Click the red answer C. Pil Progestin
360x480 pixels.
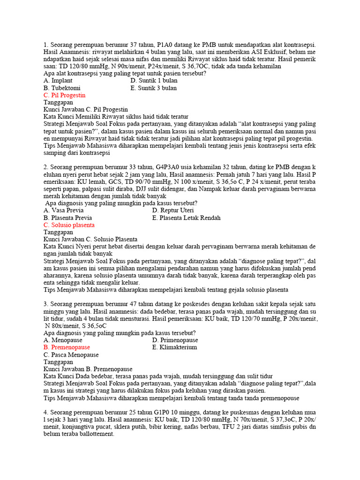pos(64,95)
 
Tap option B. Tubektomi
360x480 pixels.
pos(62,88)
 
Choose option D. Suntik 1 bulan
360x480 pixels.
pos(154,81)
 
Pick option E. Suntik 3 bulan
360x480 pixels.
pos(154,88)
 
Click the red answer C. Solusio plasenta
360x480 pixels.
pos(69,225)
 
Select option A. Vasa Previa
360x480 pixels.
pos(63,210)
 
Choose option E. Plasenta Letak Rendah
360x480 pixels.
pos(186,218)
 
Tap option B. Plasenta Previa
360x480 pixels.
pos(67,218)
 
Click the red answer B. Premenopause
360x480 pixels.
pos(67,347)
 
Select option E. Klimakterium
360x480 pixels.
pos(174,347)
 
